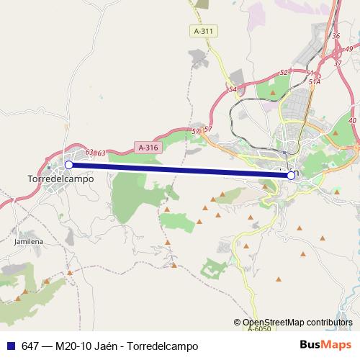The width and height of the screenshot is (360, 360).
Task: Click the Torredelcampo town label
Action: (60, 179)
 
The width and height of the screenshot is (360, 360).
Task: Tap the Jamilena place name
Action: (29, 242)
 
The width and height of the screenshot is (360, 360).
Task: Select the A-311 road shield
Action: (204, 32)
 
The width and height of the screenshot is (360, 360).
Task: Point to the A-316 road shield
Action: (147, 148)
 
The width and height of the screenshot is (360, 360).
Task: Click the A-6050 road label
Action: (259, 328)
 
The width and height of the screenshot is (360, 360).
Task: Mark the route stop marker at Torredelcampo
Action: (69, 165)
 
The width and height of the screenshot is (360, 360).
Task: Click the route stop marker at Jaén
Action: (291, 175)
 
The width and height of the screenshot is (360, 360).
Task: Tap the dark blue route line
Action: (180, 170)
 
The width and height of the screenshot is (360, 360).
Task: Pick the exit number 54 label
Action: (232, 89)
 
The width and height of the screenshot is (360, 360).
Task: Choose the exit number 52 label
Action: (283, 73)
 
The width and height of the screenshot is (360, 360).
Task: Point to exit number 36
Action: (336, 35)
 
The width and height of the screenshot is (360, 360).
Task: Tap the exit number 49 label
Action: (349, 49)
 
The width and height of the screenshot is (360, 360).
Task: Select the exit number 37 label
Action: (337, 63)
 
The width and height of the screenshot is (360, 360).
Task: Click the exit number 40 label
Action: (352, 121)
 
